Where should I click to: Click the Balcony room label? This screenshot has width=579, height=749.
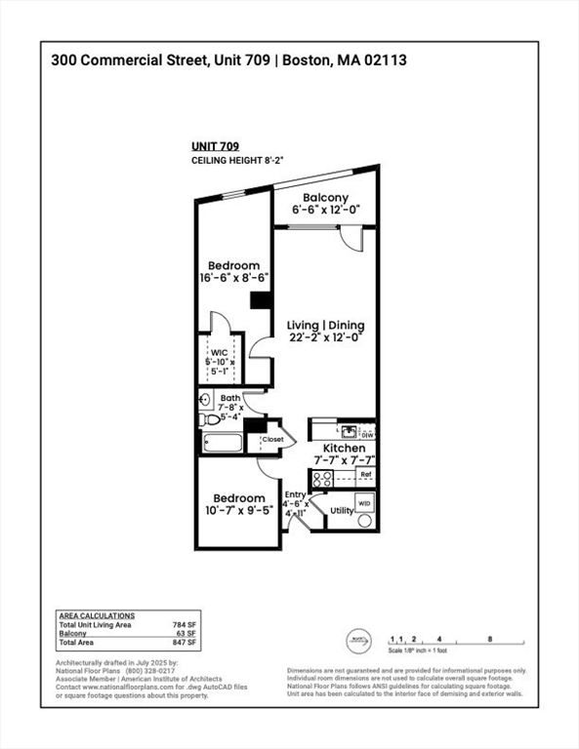pyautogui.click(x=325, y=198)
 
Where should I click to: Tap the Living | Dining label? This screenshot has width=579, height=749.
pyautogui.click(x=325, y=325)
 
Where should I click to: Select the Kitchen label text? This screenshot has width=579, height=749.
pyautogui.click(x=344, y=449)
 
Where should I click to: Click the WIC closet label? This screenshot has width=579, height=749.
pyautogui.click(x=220, y=354)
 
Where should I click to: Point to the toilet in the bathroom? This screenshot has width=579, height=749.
pyautogui.click(x=209, y=420)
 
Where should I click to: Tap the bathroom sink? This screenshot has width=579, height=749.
pyautogui.click(x=205, y=399)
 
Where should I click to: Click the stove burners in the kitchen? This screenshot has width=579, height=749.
pyautogui.click(x=321, y=478)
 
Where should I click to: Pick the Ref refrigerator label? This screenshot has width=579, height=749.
pyautogui.click(x=365, y=475)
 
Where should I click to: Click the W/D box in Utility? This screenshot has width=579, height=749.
pyautogui.click(x=364, y=503)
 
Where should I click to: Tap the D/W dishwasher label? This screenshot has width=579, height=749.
pyautogui.click(x=367, y=435)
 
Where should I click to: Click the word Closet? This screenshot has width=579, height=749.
pyautogui.click(x=272, y=440)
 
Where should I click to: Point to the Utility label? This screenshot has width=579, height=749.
pyautogui.click(x=342, y=510)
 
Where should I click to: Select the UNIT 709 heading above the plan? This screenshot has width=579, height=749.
pyautogui.click(x=215, y=146)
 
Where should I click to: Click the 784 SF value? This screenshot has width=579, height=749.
pyautogui.click(x=186, y=624)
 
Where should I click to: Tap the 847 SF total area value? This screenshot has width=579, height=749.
pyautogui.click(x=186, y=643)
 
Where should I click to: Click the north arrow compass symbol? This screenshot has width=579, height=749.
pyautogui.click(x=356, y=641)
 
